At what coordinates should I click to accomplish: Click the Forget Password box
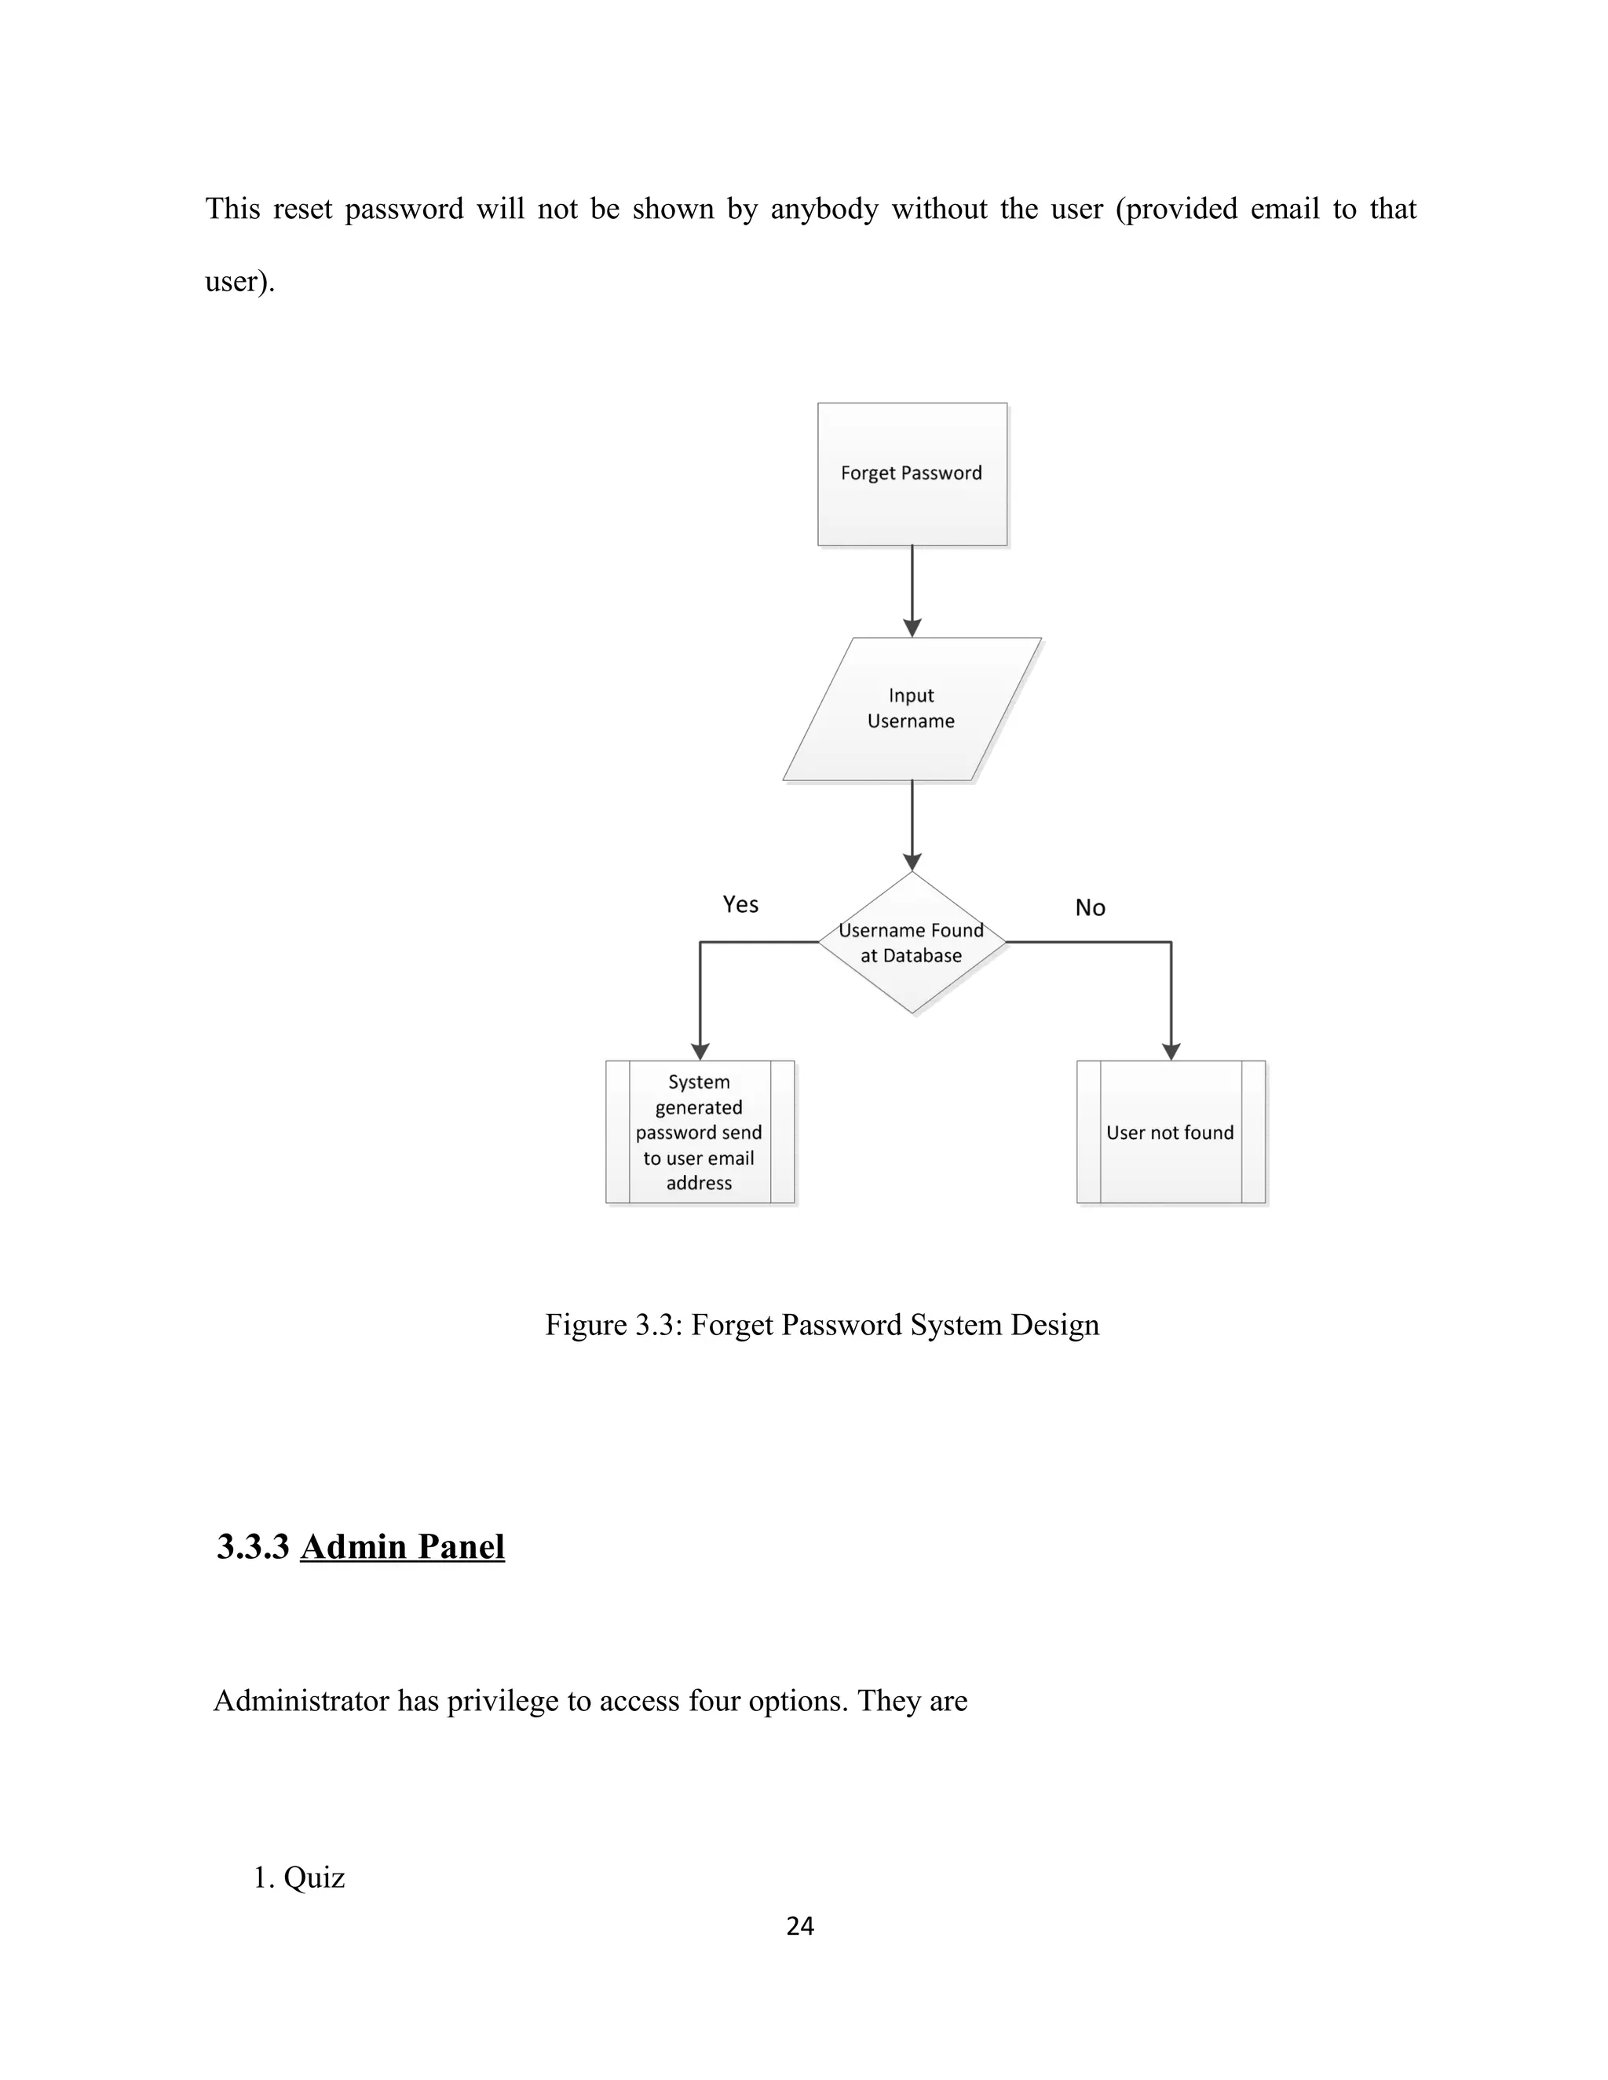coord(912,473)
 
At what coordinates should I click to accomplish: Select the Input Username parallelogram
coord(912,709)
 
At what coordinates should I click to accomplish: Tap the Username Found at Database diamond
coord(912,943)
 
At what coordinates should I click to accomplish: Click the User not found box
coord(1171,1133)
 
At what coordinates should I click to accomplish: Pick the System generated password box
coord(700,1133)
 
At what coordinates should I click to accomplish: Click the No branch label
coord(1090,907)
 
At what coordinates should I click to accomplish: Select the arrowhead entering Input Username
coord(912,628)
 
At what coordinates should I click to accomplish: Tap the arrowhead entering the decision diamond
coord(912,862)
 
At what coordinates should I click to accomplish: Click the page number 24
coord(800,1925)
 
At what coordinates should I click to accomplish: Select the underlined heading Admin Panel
coord(402,1547)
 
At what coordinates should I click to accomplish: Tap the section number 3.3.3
coord(253,1547)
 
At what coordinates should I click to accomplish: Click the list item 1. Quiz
coord(299,1877)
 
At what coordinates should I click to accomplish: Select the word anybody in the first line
coord(824,209)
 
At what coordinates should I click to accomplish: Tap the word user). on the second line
coord(240,281)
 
